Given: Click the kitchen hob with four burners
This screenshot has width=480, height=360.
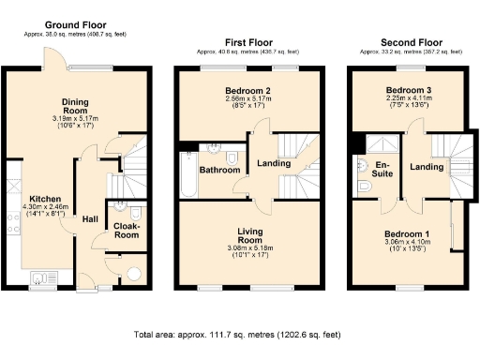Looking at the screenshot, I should [x=12, y=224].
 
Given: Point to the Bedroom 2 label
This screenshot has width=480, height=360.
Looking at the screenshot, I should [x=247, y=89].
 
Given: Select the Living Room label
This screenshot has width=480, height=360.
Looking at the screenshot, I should [x=247, y=235].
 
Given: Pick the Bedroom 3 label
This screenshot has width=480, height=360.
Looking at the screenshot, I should [x=409, y=91].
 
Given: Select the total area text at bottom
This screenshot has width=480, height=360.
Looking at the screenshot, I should [x=240, y=335].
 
